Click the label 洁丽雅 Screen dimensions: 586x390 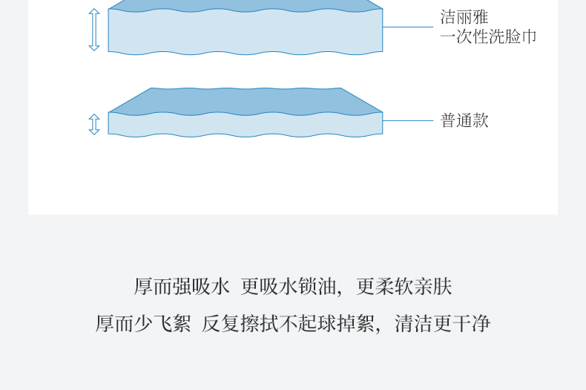coord(464,17)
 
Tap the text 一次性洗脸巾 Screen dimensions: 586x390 coord(488,36)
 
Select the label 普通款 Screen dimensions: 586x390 coord(464,120)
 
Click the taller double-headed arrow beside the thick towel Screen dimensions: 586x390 coord(94,30)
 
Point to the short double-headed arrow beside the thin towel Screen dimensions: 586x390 coord(94,124)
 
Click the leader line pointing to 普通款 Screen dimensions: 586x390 coord(407,120)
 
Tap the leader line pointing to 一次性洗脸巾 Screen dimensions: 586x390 coord(407,27)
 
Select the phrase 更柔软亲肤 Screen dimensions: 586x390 coord(404,287)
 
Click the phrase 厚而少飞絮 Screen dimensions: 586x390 coord(143,324)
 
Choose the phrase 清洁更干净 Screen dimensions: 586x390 coord(443,324)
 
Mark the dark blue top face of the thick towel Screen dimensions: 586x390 coord(245,5)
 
